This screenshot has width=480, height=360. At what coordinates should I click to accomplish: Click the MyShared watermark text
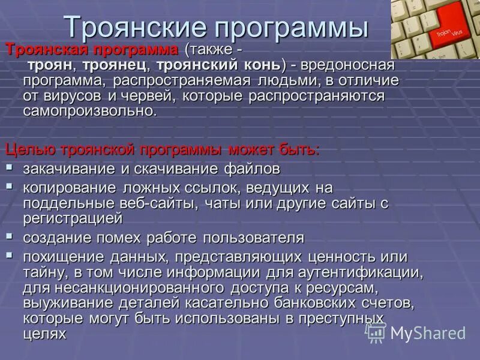pos(428,333)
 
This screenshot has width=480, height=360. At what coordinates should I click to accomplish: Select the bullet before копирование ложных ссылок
pos(10,186)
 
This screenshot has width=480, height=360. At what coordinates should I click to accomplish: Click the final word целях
pos(44,332)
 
